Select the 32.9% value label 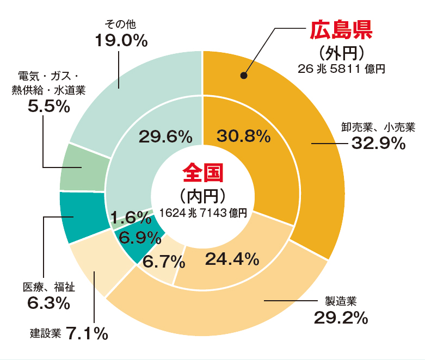point(378,144)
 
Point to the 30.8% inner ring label point(243,136)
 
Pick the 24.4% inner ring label point(232,259)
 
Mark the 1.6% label point(131,218)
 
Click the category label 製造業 point(340,301)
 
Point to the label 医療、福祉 point(48,287)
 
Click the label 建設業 point(45,333)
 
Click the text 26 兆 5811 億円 point(341,69)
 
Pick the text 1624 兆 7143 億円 point(203,213)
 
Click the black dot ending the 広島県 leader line point(244,76)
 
